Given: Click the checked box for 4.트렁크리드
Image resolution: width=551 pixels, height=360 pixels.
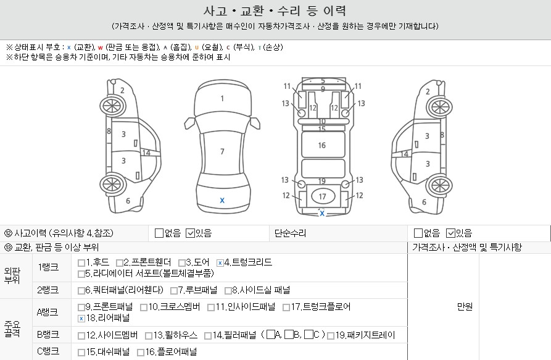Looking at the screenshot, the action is [220, 263].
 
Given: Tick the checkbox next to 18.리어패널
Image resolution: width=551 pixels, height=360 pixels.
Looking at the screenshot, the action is [81, 319].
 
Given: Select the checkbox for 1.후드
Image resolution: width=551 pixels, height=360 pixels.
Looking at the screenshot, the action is [81, 263].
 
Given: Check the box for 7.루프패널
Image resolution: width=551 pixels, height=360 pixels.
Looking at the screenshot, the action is [173, 291].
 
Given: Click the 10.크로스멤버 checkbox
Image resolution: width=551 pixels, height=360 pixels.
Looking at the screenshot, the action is [143, 308].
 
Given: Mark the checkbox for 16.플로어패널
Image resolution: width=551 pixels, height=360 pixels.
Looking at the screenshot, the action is [141, 352].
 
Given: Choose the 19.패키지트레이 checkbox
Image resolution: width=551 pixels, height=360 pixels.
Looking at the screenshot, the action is [330, 336].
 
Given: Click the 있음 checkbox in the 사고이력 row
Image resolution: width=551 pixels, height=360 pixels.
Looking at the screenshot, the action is [190, 233].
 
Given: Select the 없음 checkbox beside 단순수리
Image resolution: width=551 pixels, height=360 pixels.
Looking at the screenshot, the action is [418, 233].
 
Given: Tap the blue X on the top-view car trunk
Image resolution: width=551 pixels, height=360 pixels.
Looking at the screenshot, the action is [222, 201].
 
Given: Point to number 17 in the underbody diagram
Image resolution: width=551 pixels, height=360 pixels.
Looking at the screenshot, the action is [322, 196].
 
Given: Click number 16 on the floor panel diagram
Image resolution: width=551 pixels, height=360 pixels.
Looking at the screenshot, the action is [322, 145].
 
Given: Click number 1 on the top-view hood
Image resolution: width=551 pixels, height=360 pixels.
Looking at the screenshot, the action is [222, 98].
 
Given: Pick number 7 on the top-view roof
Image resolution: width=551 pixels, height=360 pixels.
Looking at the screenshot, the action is [222, 151].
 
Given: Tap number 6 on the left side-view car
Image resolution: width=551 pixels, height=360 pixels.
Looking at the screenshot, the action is [128, 201].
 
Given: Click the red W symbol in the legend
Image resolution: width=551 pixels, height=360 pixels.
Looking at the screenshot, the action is [101, 48].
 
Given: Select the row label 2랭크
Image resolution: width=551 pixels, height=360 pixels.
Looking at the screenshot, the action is [48, 290].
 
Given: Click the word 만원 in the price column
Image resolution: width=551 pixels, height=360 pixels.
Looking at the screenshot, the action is [465, 306].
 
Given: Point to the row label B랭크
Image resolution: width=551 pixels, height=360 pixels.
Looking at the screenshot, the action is [48, 334].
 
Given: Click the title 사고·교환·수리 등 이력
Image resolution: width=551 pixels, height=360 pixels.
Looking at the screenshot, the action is [275, 11].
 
